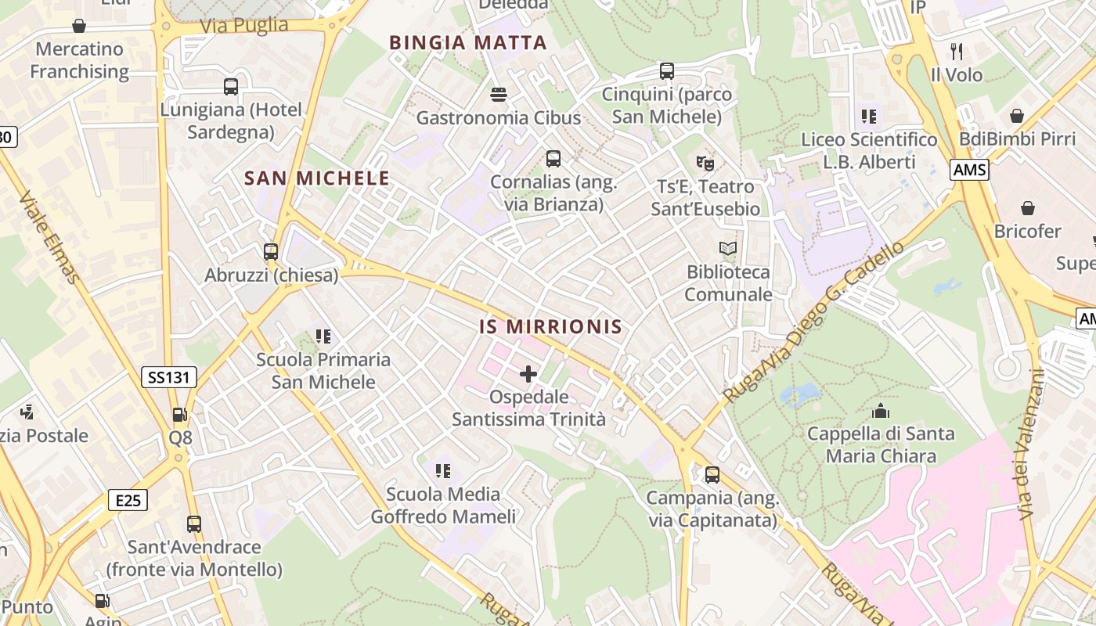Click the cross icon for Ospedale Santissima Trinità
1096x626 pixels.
[528, 374]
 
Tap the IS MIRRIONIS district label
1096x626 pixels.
[550, 327]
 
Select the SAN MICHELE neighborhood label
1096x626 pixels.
[317, 178]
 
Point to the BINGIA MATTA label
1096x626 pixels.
[467, 43]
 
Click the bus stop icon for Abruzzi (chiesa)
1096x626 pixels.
[271, 252]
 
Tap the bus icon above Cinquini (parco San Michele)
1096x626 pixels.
[666, 71]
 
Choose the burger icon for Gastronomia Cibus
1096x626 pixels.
[499, 95]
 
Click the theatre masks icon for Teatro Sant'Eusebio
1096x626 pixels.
[705, 164]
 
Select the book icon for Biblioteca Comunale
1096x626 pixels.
[728, 249]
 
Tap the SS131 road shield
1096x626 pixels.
[169, 377]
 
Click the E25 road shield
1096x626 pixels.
[128, 499]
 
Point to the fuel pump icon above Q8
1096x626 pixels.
[180, 415]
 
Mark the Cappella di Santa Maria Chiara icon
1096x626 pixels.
[881, 410]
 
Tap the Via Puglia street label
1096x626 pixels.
[244, 26]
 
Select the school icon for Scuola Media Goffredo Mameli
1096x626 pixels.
[443, 471]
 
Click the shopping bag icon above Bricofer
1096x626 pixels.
[1027, 208]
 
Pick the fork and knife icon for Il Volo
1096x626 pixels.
[956, 52]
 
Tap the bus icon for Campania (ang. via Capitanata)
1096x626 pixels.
[712, 475]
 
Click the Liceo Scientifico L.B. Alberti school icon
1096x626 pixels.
[868, 117]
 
